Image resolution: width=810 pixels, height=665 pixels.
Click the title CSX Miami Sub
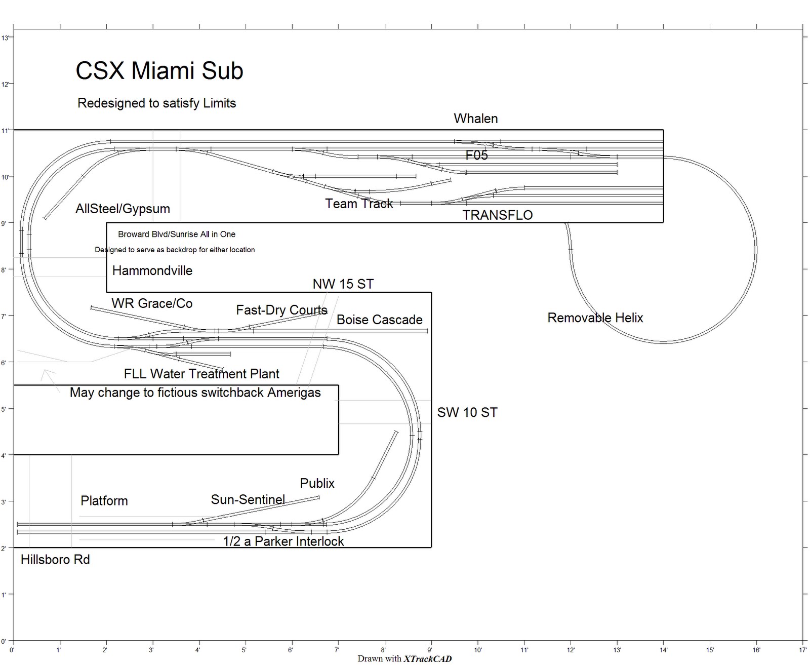pyautogui.click(x=159, y=71)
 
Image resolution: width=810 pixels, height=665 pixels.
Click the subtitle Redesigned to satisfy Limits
pyautogui.click(x=156, y=103)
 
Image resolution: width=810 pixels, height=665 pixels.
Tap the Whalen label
pyautogui.click(x=475, y=119)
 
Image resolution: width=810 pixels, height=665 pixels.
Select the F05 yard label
pyautogui.click(x=476, y=155)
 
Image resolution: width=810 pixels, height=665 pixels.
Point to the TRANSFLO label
pyautogui.click(x=497, y=215)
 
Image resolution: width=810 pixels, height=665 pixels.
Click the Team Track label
pyautogui.click(x=358, y=204)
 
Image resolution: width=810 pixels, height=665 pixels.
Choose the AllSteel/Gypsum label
pyautogui.click(x=123, y=209)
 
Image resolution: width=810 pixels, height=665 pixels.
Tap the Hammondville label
pyautogui.click(x=152, y=270)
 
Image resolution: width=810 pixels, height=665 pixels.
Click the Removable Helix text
pyautogui.click(x=595, y=318)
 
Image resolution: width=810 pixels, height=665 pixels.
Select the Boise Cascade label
pyautogui.click(x=379, y=320)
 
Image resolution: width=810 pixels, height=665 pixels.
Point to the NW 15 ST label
pyautogui.click(x=343, y=284)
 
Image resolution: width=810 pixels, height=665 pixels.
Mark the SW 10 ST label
pyautogui.click(x=467, y=413)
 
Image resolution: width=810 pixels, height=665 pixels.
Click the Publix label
pyautogui.click(x=317, y=483)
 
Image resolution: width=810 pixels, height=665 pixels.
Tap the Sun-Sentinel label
pyautogui.click(x=248, y=500)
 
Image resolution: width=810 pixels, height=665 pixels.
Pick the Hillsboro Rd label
pyautogui.click(x=55, y=560)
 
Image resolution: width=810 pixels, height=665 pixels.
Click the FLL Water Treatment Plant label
pyautogui.click(x=201, y=374)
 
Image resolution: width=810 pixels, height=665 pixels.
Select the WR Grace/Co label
pyautogui.click(x=152, y=303)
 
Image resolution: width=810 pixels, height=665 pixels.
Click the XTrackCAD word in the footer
pyautogui.click(x=427, y=658)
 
